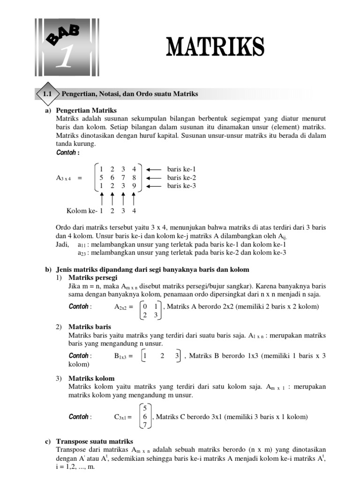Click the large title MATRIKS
pyautogui.click(x=215, y=47)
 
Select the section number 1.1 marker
pyautogui.click(x=47, y=94)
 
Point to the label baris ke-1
pyautogui.click(x=181, y=169)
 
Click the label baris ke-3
pyautogui.click(x=181, y=186)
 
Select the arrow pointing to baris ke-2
pyautogui.click(x=154, y=178)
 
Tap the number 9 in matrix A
pyautogui.click(x=134, y=186)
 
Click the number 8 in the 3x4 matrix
pyautogui.click(x=134, y=178)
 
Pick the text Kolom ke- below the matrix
pyautogui.click(x=82, y=210)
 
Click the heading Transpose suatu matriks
pyautogui.click(x=94, y=442)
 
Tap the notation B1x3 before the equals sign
pyautogui.click(x=121, y=356)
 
